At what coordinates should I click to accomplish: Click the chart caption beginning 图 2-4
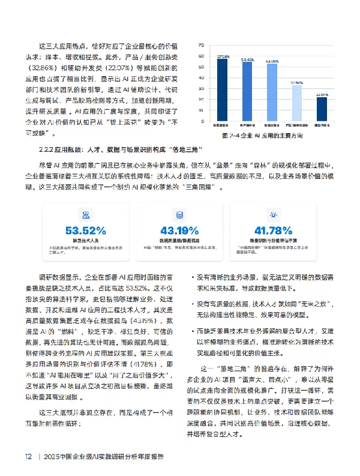272,136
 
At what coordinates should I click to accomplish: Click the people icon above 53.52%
86,214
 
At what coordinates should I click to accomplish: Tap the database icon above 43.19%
179,214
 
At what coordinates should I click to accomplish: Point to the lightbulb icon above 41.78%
274,214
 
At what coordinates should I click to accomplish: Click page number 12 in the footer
28,456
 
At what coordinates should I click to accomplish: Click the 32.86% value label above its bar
296,82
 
